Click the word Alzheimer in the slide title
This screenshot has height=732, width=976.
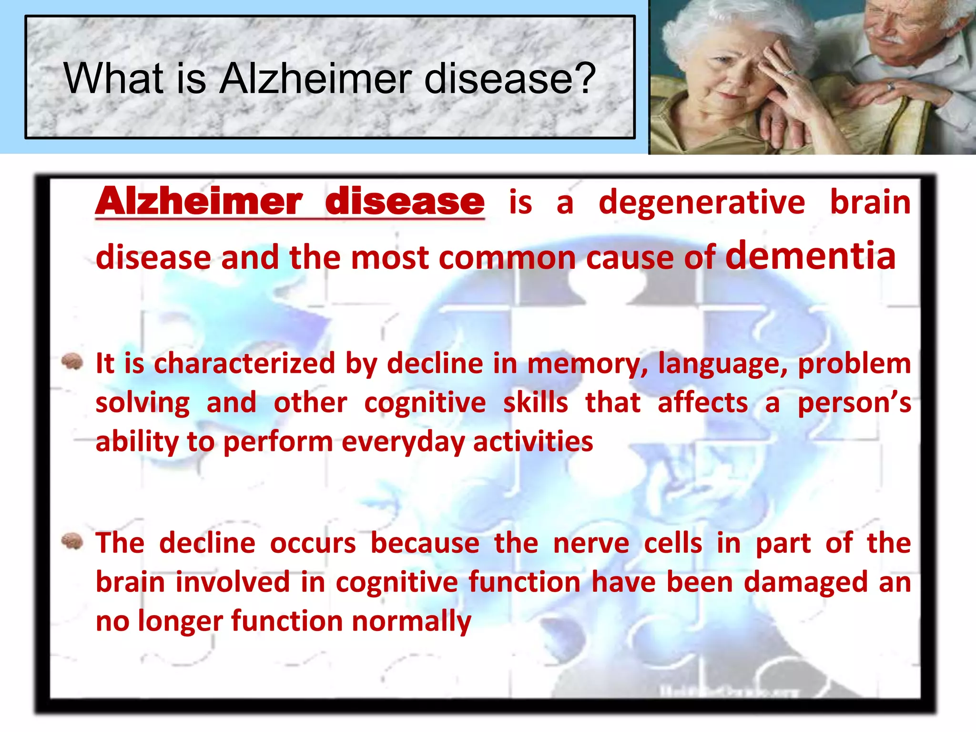[x=316, y=79]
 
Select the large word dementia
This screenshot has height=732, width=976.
[x=810, y=255]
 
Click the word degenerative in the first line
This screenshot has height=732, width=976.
[x=701, y=202]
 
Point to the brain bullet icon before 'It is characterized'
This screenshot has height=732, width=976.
[x=72, y=362]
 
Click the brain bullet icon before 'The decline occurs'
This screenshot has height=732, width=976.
[x=72, y=541]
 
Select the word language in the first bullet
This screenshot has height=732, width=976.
[x=722, y=365]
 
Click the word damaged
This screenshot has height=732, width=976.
[x=805, y=583]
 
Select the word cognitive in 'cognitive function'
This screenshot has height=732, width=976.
[x=396, y=583]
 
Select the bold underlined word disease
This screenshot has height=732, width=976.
[x=405, y=202]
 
